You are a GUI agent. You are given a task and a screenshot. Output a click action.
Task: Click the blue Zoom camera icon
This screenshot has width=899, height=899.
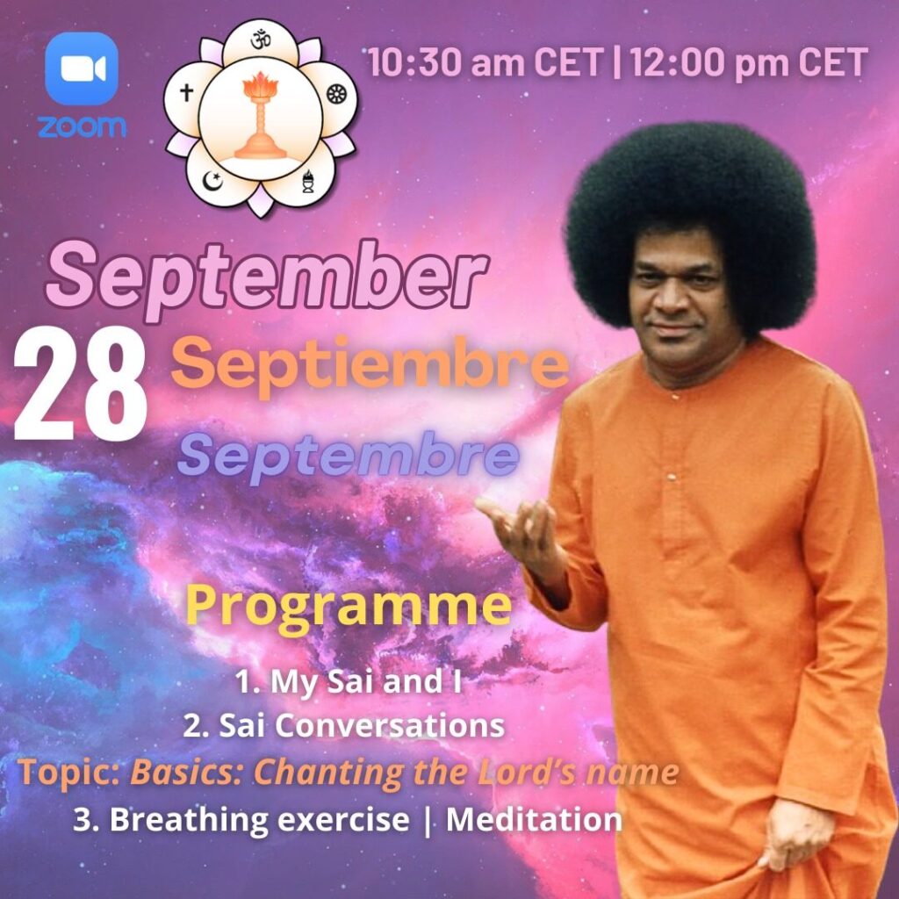82,68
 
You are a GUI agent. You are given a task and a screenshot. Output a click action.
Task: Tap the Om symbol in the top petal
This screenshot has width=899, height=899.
261,40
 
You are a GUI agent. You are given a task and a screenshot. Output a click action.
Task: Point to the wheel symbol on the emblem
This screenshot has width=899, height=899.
334,95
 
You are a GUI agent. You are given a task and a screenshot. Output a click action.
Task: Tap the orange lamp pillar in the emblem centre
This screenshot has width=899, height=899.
261,116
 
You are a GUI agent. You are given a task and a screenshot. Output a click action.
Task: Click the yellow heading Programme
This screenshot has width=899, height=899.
349,608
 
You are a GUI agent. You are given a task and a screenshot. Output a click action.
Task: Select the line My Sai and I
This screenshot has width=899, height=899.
348,682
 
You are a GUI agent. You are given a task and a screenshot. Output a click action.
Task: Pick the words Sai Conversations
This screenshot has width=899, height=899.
361,726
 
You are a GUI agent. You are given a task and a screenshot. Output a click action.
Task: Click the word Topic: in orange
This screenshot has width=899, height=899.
68,773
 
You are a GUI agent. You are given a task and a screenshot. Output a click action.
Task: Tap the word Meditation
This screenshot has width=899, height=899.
535,819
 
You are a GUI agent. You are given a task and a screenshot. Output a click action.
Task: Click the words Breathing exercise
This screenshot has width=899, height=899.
259,819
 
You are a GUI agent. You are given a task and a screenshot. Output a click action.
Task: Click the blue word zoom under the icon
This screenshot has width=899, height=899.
82,126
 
